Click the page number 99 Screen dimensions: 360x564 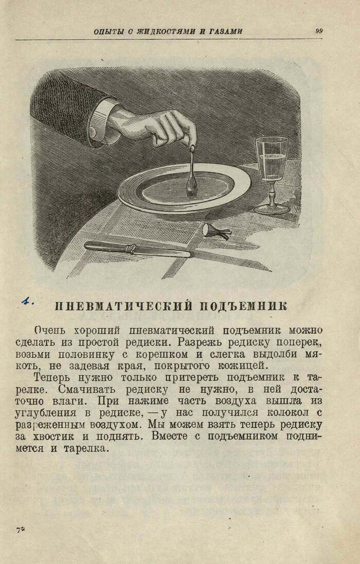319,31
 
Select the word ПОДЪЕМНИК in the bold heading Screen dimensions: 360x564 243,306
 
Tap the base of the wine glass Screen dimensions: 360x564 272,209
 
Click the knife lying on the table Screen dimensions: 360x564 138,249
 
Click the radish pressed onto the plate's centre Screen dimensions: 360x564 191,184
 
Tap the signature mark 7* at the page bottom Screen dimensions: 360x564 20,530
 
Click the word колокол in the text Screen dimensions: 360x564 286,413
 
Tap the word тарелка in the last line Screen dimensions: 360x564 85,449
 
